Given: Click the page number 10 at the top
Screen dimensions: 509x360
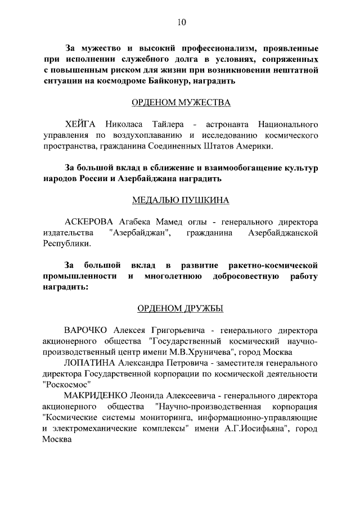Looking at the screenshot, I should coord(181,22).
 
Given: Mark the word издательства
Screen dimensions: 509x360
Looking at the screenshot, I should coord(66,232).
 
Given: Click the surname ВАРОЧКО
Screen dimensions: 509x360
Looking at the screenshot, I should coord(87,330).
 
